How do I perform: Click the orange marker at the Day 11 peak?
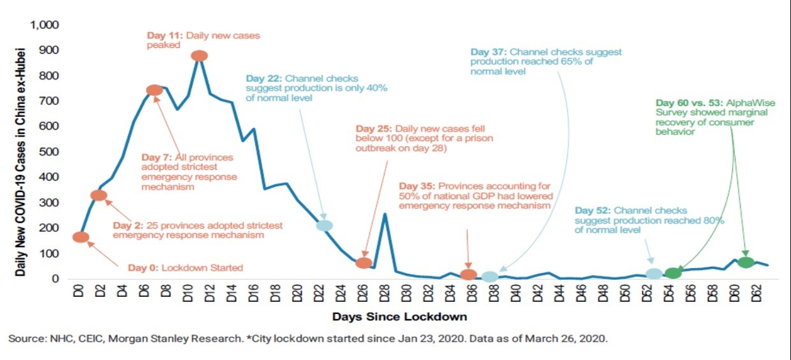point(199,56)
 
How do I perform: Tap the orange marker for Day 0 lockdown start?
point(81,237)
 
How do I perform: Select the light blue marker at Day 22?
point(325,225)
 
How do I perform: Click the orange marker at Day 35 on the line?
point(469,274)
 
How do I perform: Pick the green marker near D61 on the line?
point(746,262)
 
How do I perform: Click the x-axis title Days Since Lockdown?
point(400,317)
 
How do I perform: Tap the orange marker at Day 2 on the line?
point(99,195)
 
